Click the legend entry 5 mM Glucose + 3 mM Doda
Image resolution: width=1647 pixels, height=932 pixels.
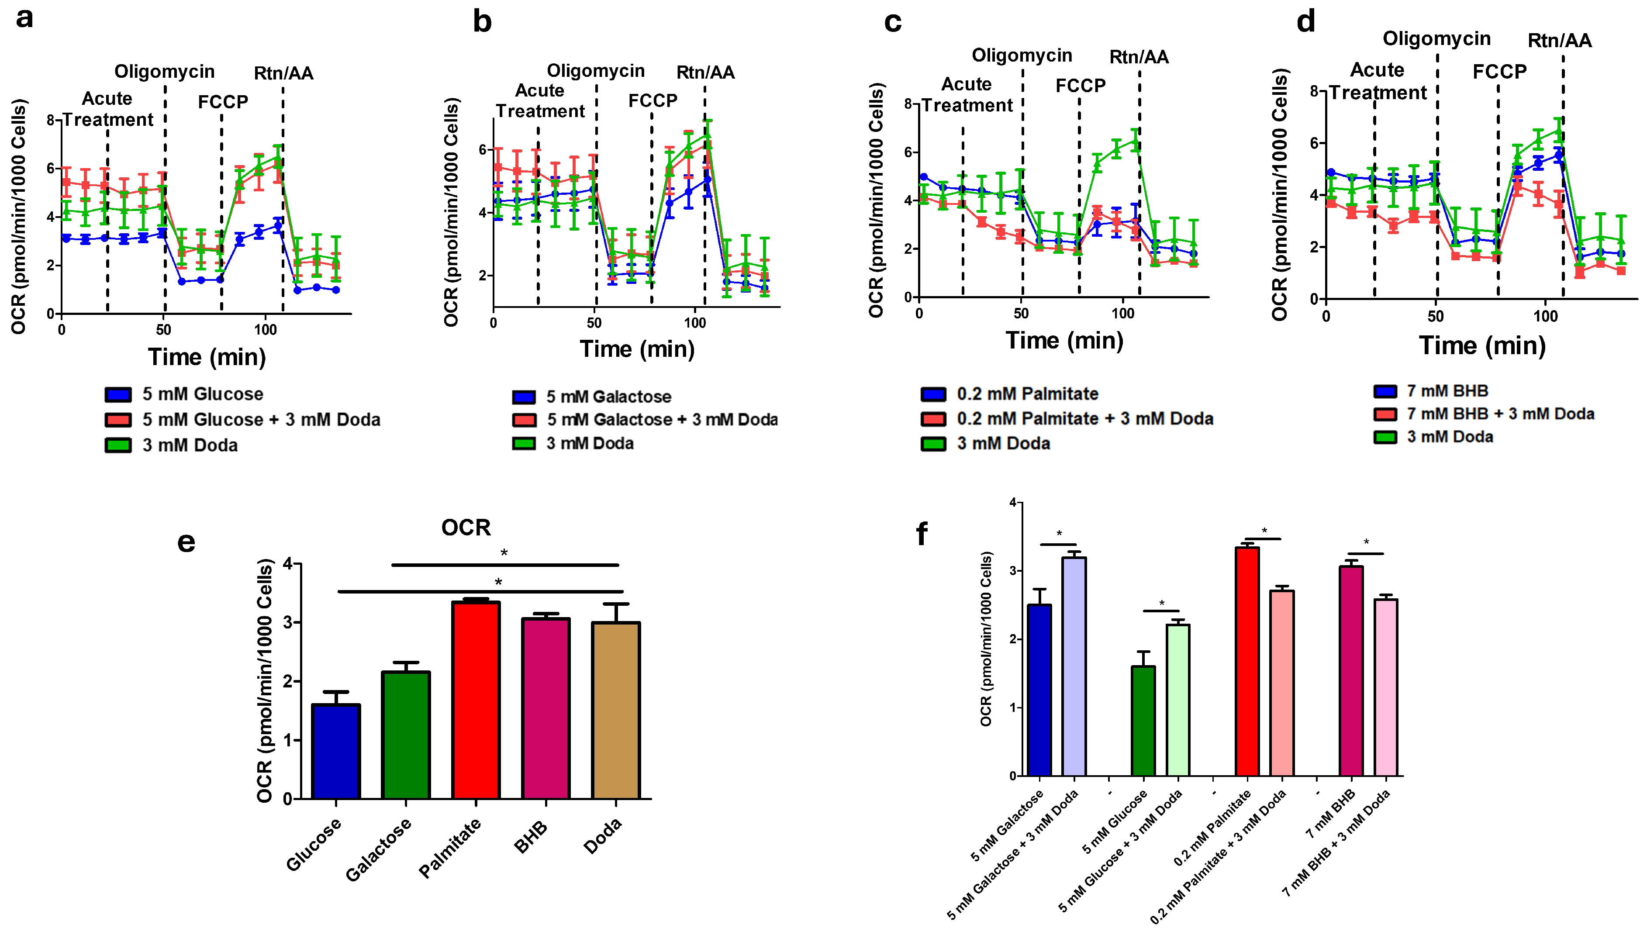coord(261,419)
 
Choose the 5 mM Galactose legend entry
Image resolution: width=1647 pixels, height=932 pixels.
coord(608,397)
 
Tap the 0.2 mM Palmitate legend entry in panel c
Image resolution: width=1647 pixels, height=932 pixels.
coord(1027,394)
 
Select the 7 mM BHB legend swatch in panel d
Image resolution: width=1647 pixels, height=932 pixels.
coord(1385,392)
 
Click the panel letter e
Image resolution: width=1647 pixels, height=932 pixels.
coord(186,542)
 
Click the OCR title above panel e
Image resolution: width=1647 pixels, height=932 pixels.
coord(465,528)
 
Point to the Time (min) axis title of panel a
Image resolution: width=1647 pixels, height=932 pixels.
coord(207,356)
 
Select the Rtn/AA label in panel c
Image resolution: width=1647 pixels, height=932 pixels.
coord(1138,57)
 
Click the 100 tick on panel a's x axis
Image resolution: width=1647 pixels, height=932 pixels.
coord(265,330)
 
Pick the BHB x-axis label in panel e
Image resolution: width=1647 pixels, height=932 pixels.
coord(531,837)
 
